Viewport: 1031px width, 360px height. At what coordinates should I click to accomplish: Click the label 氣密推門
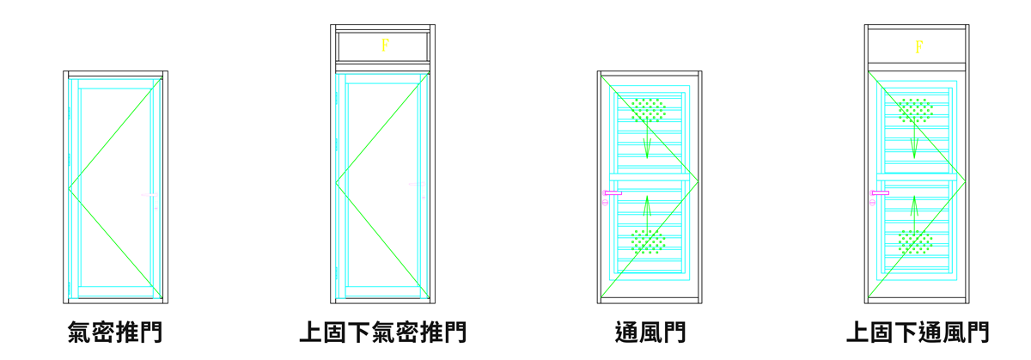click(115, 333)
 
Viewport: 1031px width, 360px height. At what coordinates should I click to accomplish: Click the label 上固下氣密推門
click(382, 333)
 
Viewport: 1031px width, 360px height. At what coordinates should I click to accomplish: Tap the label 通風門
click(650, 333)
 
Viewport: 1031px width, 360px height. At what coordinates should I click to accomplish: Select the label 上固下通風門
click(917, 333)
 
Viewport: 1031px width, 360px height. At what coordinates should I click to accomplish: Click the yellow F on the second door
click(385, 46)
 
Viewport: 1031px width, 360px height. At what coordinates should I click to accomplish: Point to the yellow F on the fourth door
click(918, 46)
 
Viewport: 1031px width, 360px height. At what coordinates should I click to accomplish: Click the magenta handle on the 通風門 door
click(613, 193)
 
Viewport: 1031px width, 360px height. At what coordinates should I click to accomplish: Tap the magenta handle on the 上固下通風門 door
click(880, 193)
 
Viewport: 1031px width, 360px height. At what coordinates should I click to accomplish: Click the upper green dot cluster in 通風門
click(649, 110)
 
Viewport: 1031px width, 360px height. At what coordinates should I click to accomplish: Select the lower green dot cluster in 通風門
click(649, 241)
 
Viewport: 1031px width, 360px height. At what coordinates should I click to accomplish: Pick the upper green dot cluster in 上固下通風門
click(915, 110)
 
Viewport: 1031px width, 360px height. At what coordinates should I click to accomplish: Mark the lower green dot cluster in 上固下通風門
click(915, 241)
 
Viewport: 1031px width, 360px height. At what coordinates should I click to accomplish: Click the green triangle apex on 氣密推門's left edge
click(70, 186)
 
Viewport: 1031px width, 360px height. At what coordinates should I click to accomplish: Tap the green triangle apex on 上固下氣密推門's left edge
click(336, 185)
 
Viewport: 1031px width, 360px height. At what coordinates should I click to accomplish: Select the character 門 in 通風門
click(674, 333)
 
